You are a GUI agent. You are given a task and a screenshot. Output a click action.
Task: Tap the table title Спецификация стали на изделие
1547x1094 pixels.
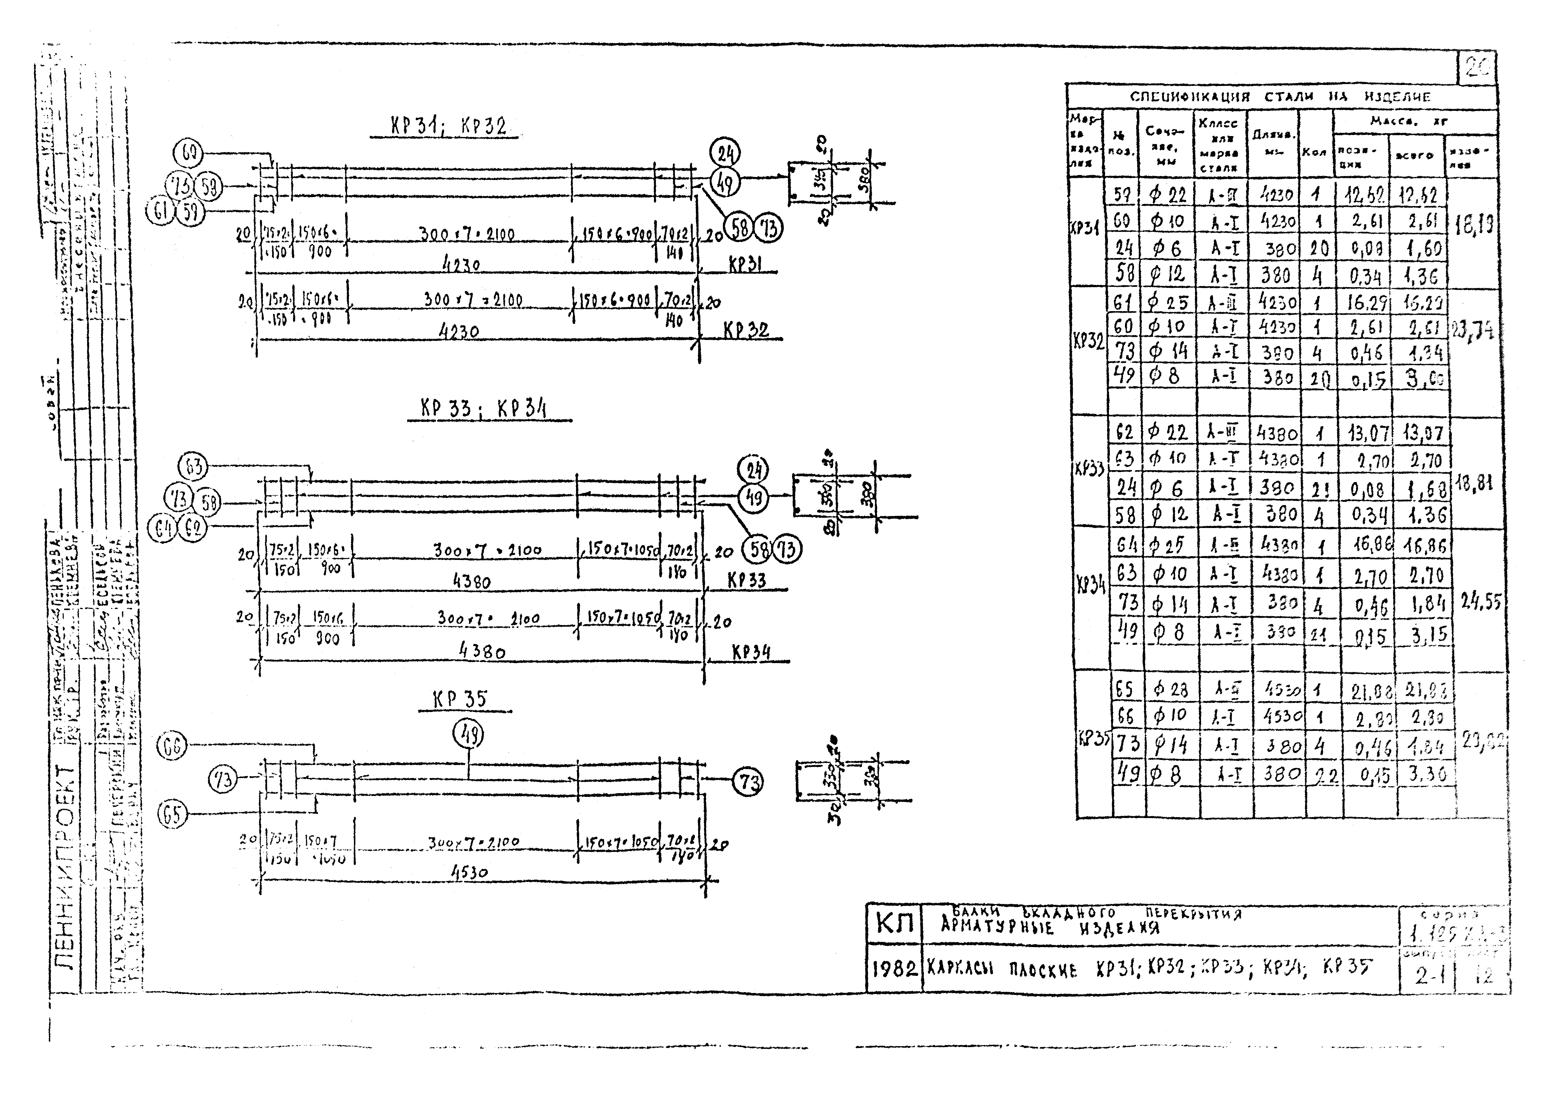(1280, 96)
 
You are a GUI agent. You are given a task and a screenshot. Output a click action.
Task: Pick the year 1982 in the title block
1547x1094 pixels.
(893, 969)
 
